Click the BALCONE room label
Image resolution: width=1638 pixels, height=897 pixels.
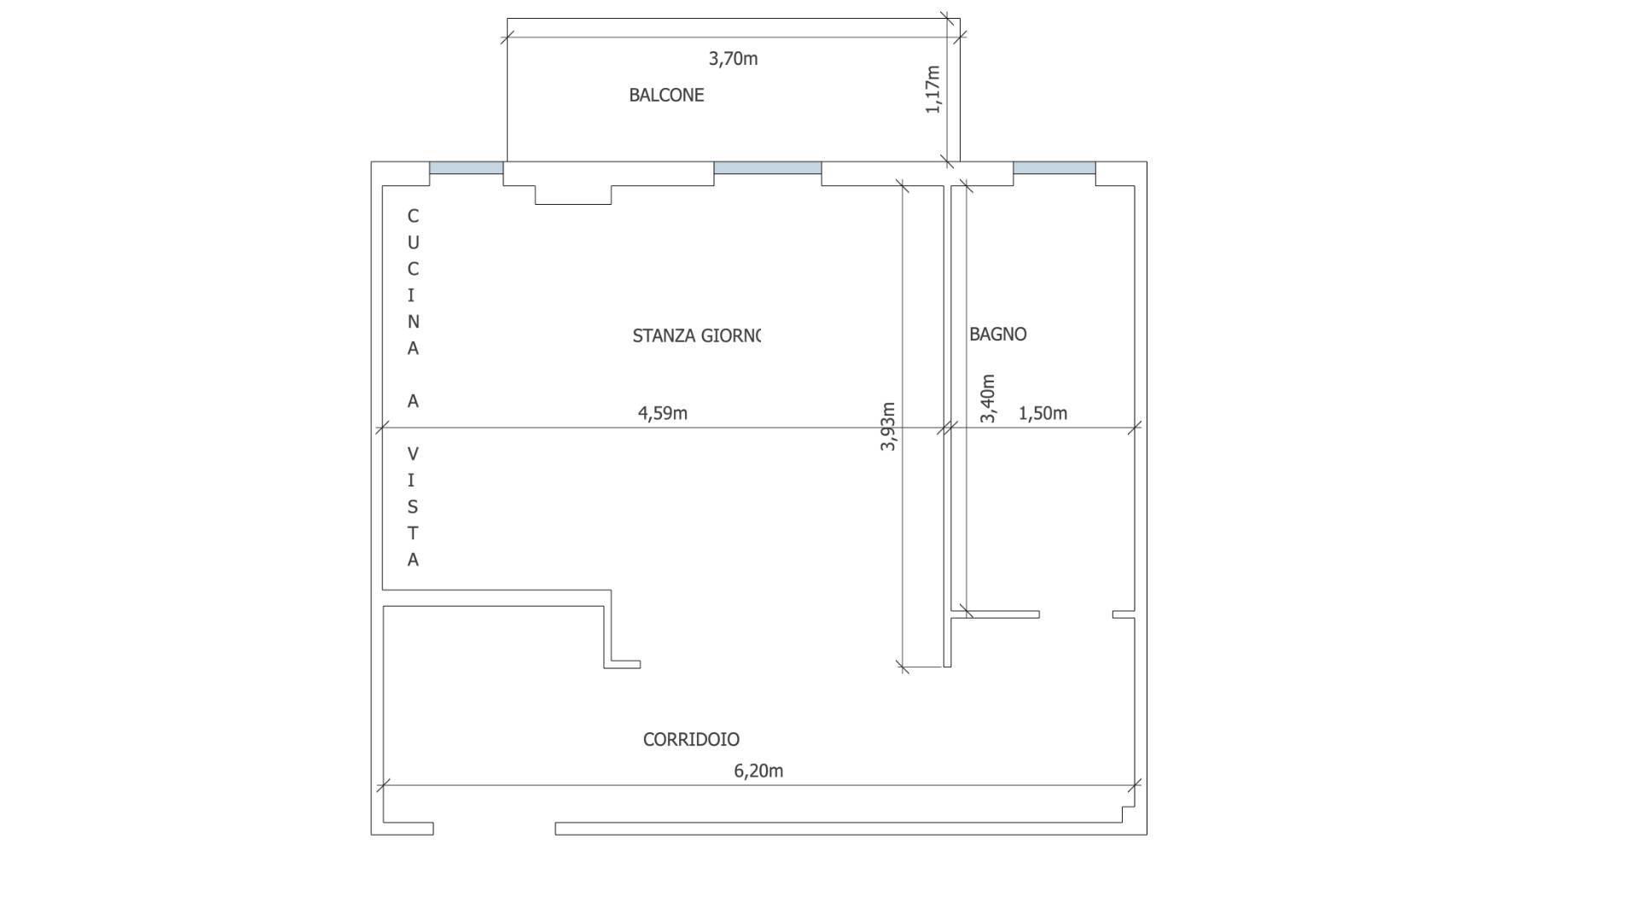click(x=666, y=95)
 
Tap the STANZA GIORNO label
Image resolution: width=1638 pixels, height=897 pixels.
click(x=696, y=335)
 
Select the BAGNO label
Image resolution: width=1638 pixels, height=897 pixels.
click(x=997, y=335)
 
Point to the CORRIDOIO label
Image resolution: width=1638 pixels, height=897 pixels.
click(x=691, y=739)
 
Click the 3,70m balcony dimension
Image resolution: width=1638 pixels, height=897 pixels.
click(x=733, y=59)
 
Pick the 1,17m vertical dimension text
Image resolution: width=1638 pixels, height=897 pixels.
click(x=933, y=89)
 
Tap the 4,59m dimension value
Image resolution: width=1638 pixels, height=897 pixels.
click(x=663, y=413)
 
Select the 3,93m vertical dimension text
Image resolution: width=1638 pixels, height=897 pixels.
click(x=888, y=426)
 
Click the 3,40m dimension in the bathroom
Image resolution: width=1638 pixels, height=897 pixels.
click(x=988, y=399)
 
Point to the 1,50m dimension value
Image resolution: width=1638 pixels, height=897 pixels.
click(x=1043, y=413)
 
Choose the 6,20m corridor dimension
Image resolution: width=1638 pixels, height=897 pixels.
click(x=758, y=771)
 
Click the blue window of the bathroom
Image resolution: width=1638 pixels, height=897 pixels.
click(x=1054, y=168)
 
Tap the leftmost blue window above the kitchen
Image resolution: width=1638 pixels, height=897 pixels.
click(x=466, y=168)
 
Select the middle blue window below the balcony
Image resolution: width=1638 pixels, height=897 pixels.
click(x=767, y=168)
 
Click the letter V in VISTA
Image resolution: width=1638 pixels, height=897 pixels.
click(x=413, y=454)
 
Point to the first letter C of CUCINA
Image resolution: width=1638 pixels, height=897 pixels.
click(x=413, y=216)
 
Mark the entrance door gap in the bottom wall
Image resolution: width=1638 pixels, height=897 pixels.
click(x=494, y=829)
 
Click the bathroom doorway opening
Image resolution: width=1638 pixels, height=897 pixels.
click(x=1076, y=615)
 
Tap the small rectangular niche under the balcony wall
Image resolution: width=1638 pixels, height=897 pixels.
click(x=573, y=195)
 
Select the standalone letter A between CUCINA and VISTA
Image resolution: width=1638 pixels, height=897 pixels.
click(x=413, y=401)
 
